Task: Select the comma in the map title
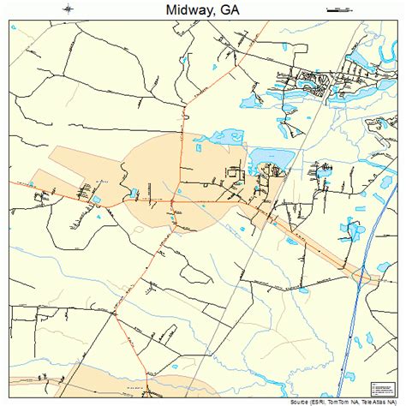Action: click(217, 14)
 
